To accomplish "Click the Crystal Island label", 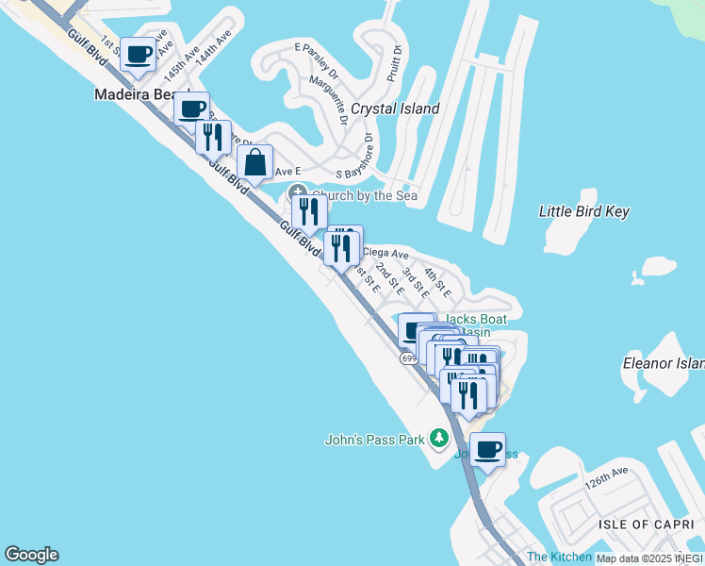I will [x=395, y=108].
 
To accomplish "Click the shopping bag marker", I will [x=255, y=161].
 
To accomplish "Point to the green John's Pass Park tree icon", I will [x=438, y=439].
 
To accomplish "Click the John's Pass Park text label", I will [x=375, y=439].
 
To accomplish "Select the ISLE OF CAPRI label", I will [x=641, y=524].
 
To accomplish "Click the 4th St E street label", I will [x=436, y=281].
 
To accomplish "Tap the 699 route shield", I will [x=408, y=358].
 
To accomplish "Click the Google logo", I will [x=31, y=555].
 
